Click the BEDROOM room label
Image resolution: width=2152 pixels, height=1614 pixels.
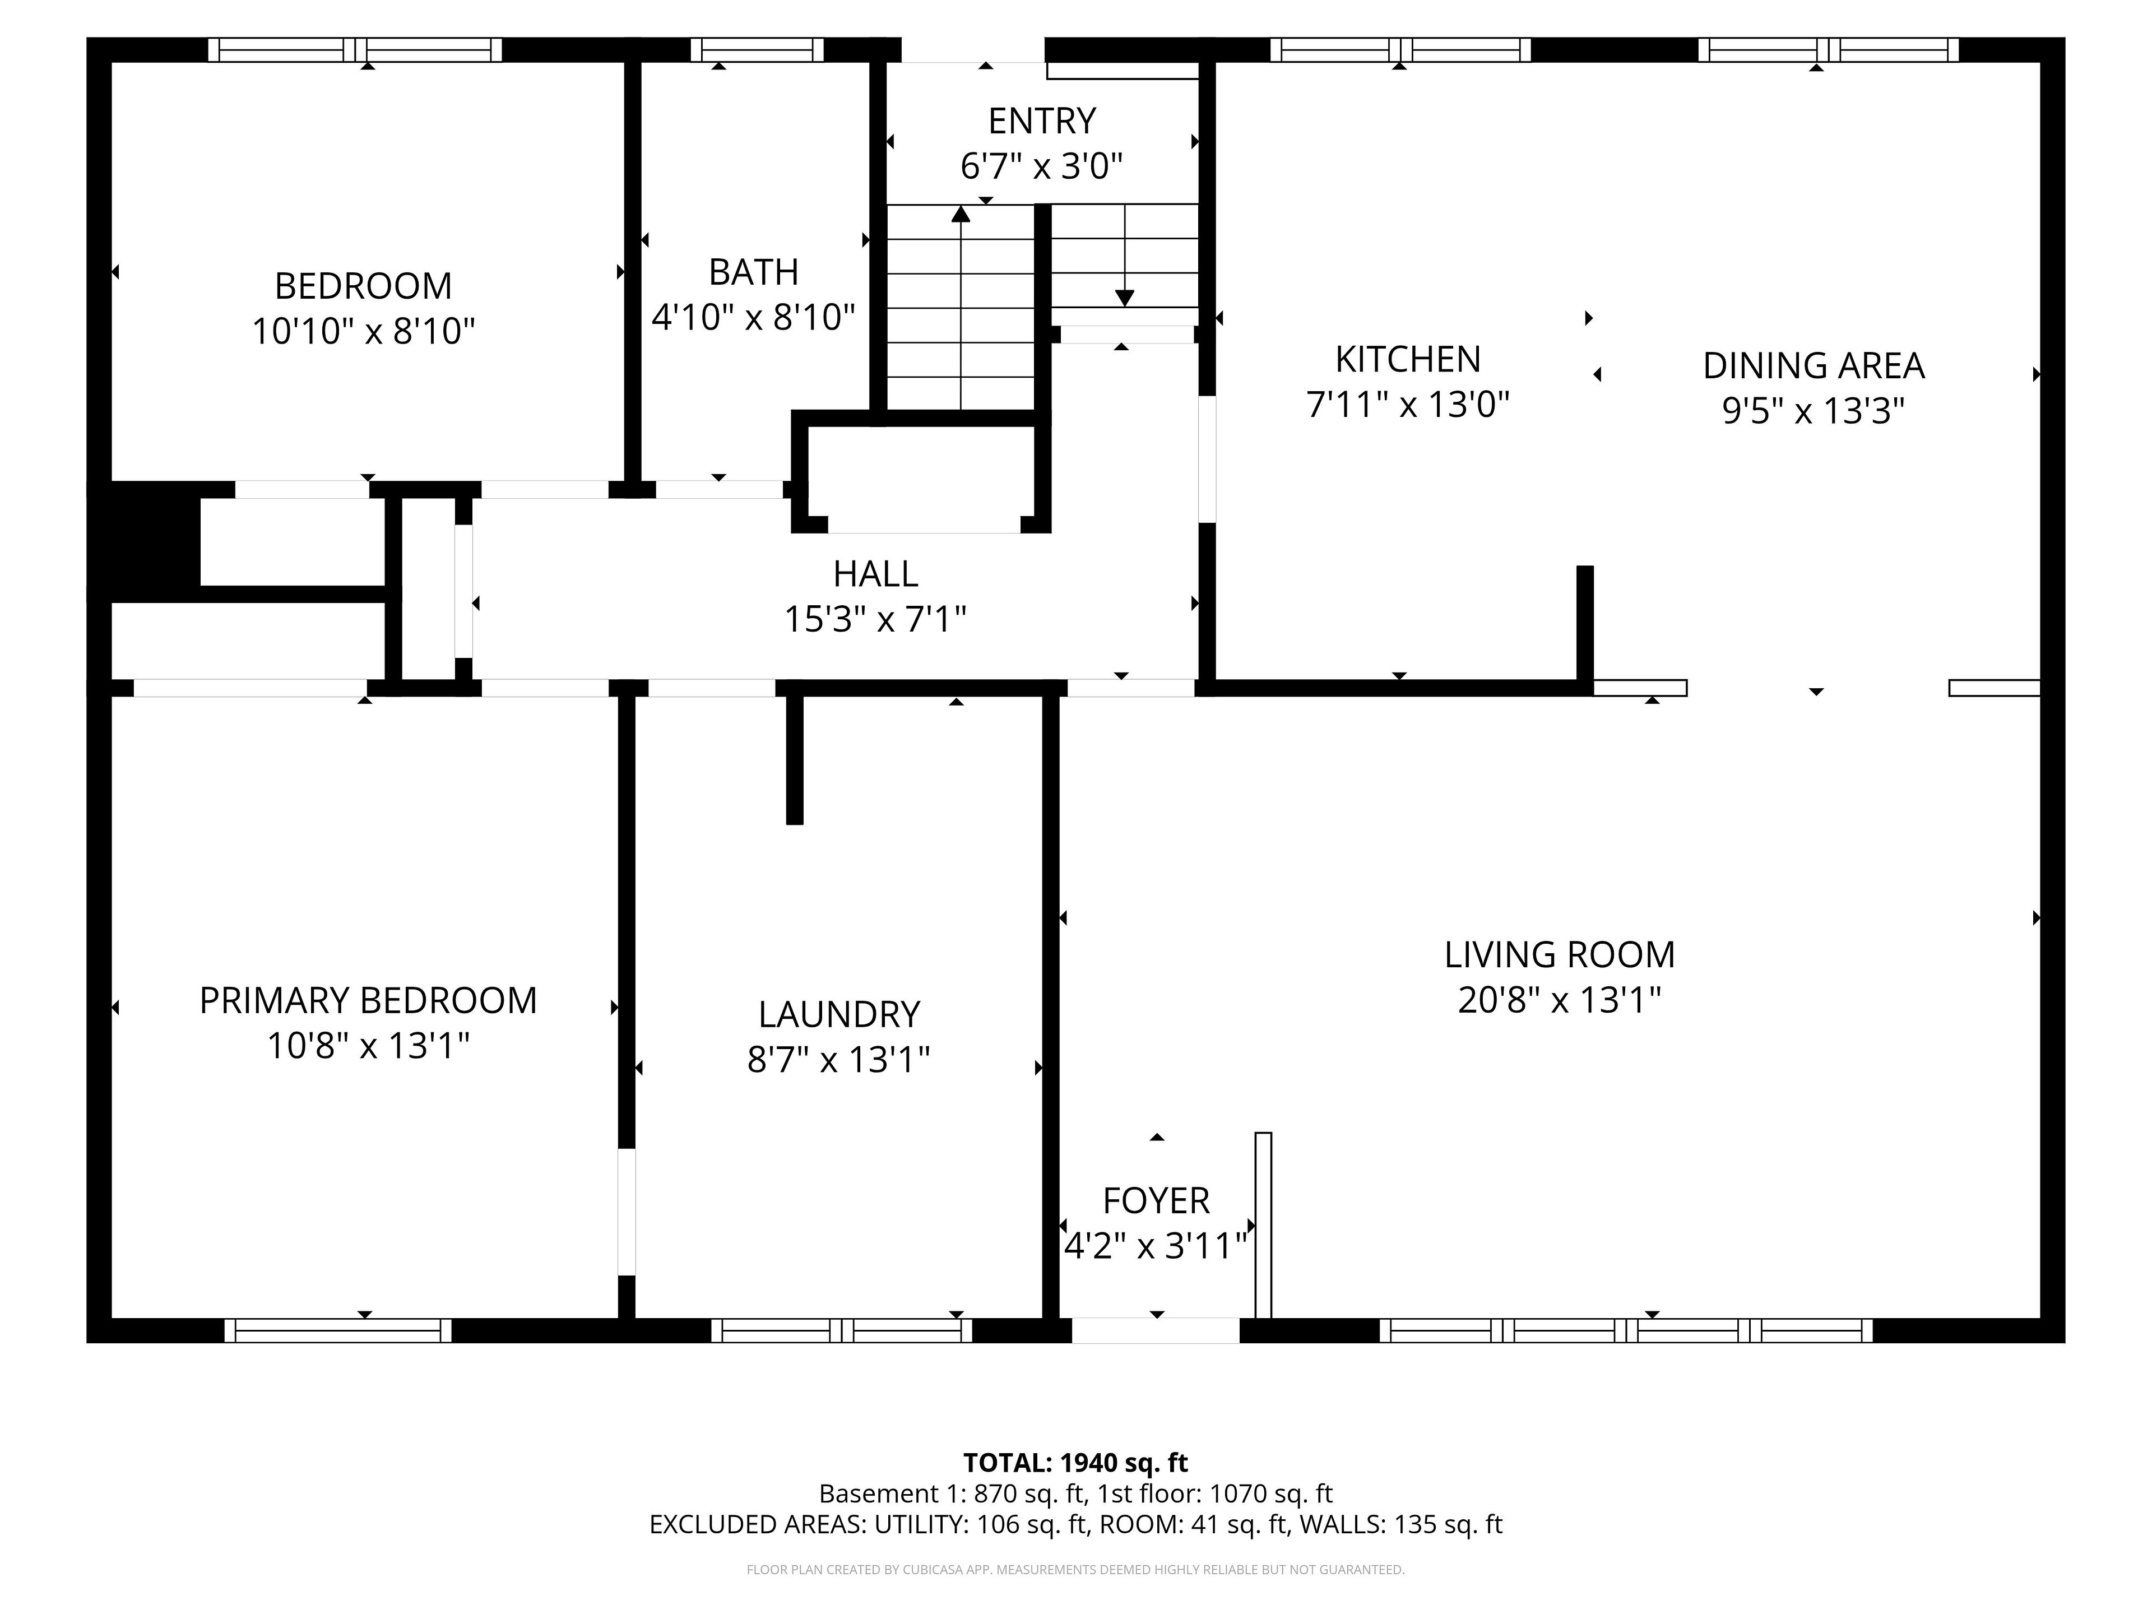(363, 286)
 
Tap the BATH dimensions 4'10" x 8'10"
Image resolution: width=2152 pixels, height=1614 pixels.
(753, 317)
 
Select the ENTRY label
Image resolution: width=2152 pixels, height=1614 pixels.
(1042, 122)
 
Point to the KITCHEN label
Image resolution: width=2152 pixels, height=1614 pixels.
(1408, 360)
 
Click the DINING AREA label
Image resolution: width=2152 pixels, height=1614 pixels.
(1814, 366)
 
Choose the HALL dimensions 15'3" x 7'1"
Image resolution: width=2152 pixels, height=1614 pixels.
(875, 619)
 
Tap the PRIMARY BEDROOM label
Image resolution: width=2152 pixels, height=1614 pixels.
(368, 1001)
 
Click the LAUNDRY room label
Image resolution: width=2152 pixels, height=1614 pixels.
(838, 1015)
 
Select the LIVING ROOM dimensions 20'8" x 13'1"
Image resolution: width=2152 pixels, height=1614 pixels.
(1560, 1000)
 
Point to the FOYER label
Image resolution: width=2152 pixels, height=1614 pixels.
(1156, 1202)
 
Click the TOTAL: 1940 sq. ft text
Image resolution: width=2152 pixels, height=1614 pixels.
(1075, 1462)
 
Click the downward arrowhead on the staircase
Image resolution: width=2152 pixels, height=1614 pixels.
(1125, 298)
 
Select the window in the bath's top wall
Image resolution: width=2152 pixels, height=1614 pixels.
(757, 50)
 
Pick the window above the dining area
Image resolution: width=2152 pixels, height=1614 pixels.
(1828, 50)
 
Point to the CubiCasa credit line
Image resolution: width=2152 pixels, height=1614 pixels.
(1075, 1569)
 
